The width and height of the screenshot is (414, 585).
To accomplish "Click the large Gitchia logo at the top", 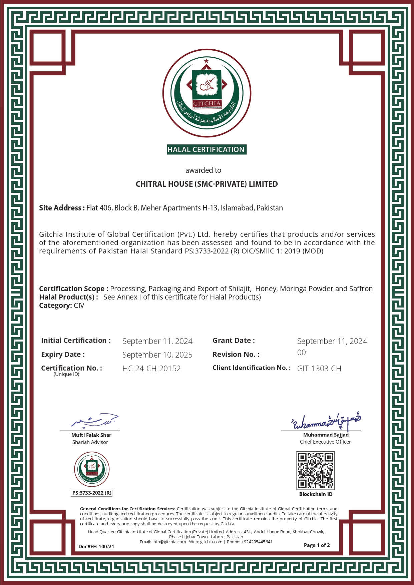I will click(207, 93).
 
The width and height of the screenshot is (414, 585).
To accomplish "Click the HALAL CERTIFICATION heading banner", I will click(206, 150).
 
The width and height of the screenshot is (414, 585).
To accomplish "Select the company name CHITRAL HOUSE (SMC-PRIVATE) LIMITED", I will click(206, 184).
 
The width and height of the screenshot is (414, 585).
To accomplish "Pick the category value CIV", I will click(79, 306).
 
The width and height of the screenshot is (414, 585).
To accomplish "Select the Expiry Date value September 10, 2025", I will click(157, 355).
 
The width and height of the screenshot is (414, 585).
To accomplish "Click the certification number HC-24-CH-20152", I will click(151, 369).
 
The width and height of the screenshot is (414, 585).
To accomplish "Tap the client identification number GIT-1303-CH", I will click(319, 369).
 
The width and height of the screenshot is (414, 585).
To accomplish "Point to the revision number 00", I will click(302, 353).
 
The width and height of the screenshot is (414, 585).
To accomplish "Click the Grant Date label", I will click(234, 341).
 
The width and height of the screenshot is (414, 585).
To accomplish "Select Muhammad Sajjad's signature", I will click(325, 422).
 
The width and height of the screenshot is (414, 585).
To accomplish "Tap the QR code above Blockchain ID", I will click(315, 470).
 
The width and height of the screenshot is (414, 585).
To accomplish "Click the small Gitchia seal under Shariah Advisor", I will click(92, 469).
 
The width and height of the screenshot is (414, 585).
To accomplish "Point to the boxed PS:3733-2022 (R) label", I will click(92, 493).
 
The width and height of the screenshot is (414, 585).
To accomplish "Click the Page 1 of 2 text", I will click(317, 545).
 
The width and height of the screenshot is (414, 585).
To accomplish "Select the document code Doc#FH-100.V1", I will click(96, 546).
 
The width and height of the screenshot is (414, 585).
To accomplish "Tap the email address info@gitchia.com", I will click(169, 542).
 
